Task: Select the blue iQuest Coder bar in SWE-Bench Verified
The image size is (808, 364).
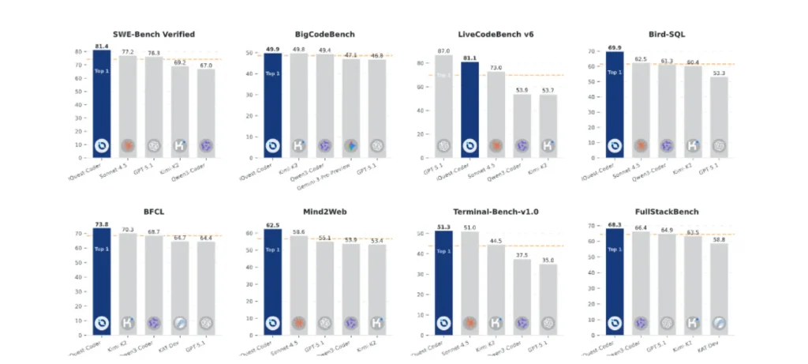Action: [102, 103]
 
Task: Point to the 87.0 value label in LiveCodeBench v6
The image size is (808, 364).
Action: [444, 51]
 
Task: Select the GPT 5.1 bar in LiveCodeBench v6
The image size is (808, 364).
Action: [444, 106]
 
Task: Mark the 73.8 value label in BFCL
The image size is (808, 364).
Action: [102, 224]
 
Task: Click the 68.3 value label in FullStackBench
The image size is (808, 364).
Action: [615, 224]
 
